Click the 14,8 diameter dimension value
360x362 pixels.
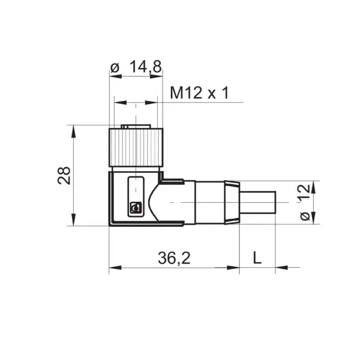(x=146, y=67)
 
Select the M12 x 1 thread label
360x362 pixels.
(x=199, y=93)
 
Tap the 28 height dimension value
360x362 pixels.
(x=64, y=175)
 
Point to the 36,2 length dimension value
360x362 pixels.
(x=174, y=258)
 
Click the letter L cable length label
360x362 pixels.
(x=257, y=258)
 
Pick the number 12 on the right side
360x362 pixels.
(x=304, y=192)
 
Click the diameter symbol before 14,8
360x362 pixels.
(x=115, y=68)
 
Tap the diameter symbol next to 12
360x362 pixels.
(x=305, y=216)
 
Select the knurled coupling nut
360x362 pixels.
(x=136, y=147)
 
